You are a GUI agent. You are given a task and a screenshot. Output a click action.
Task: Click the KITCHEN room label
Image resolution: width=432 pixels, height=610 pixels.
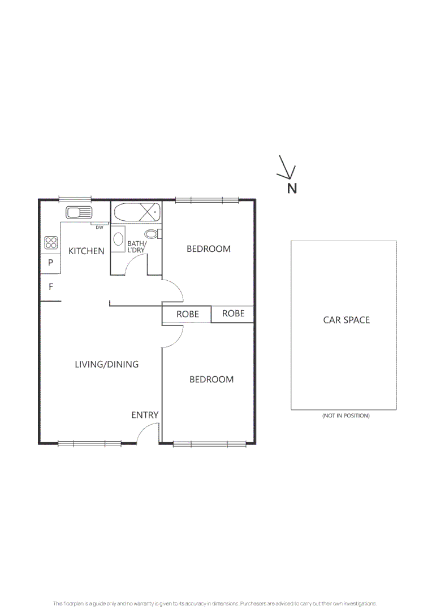click(x=87, y=251)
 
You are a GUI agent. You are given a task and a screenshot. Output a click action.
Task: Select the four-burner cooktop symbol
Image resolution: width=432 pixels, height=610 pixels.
click(x=51, y=243)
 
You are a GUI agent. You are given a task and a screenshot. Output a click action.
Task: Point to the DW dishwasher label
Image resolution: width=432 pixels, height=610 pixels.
click(x=99, y=227)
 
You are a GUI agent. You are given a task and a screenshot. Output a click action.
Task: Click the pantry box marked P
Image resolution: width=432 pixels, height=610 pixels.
click(x=50, y=263)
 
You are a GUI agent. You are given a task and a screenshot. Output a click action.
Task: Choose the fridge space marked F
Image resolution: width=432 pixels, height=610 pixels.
click(x=50, y=287)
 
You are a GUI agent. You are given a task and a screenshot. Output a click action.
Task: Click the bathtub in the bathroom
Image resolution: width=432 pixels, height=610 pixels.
click(x=137, y=213)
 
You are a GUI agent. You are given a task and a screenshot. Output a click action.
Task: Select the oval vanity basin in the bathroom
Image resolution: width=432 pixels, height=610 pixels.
click(x=119, y=239)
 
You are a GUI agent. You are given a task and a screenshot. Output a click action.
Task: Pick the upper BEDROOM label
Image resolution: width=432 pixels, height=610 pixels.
click(x=209, y=249)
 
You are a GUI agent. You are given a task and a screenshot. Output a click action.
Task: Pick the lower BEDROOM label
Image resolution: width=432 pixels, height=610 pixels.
click(x=211, y=380)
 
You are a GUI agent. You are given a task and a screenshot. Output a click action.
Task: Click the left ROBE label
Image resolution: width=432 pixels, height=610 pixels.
click(x=187, y=314)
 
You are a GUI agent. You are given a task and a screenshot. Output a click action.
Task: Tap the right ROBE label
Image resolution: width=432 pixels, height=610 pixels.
click(x=233, y=313)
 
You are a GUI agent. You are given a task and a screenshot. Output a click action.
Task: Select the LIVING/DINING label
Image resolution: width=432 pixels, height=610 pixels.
click(x=106, y=364)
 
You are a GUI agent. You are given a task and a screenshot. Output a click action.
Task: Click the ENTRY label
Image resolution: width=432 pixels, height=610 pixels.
click(x=145, y=415)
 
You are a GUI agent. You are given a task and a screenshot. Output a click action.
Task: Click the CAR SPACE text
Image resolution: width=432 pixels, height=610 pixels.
click(x=346, y=320)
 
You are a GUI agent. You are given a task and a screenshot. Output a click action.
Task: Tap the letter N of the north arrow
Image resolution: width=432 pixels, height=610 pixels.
click(x=292, y=189)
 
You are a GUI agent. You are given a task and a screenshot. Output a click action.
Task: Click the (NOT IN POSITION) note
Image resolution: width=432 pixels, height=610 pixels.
click(x=345, y=416)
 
